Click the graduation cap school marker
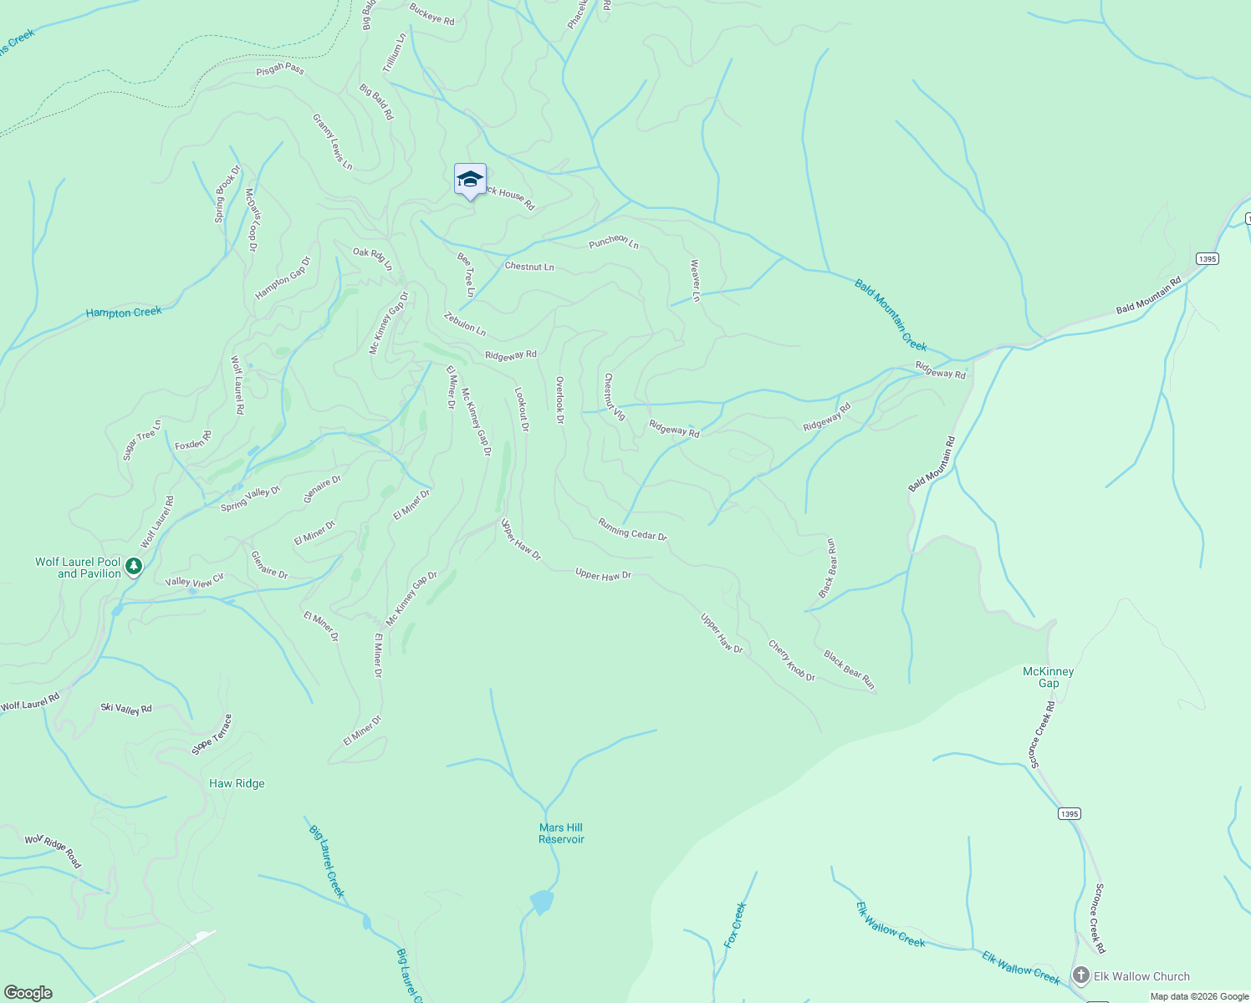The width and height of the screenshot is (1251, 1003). tap(470, 180)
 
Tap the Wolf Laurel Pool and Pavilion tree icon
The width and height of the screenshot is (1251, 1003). tap(134, 568)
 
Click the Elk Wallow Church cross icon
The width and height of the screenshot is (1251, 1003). tap(1081, 976)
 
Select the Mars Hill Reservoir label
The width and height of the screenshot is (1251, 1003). tap(561, 833)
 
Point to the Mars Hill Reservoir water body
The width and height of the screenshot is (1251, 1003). tap(541, 902)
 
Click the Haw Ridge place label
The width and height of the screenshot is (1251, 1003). tap(237, 783)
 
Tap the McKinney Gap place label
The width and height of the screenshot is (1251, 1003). tap(1049, 677)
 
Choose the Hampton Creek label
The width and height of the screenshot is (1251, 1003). tap(124, 313)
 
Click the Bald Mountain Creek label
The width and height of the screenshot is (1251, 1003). tap(891, 315)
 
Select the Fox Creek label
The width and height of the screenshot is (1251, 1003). tap(735, 924)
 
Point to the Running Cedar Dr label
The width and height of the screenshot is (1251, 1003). tap(632, 529)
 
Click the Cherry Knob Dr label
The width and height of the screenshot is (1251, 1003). tap(791, 660)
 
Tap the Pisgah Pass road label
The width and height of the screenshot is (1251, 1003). tap(280, 69)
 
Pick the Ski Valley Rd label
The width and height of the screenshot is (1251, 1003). tap(126, 709)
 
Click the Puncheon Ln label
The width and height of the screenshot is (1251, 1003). tap(614, 242)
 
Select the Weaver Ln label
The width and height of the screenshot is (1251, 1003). tap(695, 279)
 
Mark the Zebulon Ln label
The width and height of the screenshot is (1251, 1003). tap(465, 324)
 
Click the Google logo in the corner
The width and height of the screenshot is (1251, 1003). tap(28, 993)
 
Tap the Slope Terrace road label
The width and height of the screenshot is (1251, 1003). tap(212, 735)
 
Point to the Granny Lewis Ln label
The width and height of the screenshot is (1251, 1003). tap(333, 142)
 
